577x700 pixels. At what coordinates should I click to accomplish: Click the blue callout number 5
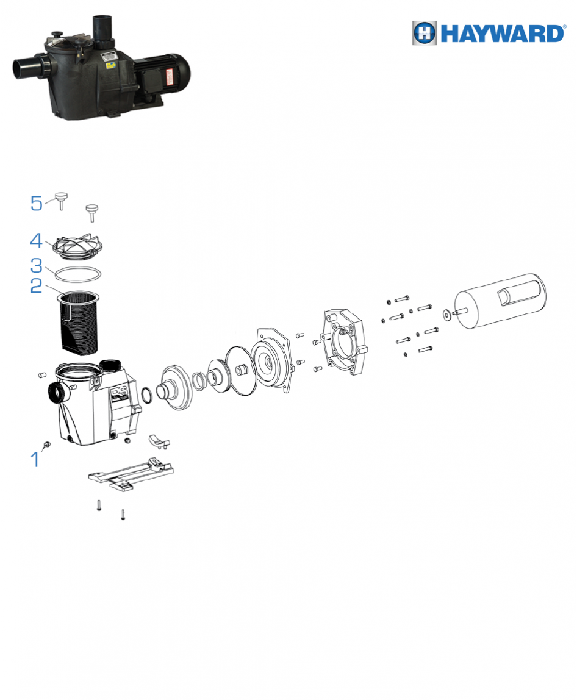36,203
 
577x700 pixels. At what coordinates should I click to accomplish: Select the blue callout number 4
36,240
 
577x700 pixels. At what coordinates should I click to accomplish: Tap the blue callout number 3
36,266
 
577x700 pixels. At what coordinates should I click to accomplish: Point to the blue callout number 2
36,286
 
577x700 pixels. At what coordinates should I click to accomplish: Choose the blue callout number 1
35,459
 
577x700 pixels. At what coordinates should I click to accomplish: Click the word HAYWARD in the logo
503,34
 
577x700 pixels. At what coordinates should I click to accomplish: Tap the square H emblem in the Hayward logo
425,33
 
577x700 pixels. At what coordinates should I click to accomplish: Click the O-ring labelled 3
79,274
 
